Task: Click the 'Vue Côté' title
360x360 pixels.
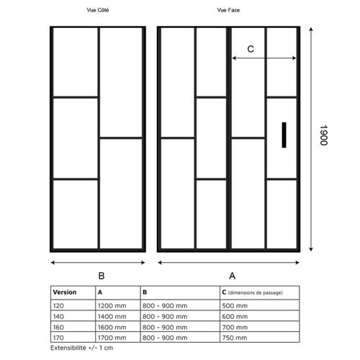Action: (98, 10)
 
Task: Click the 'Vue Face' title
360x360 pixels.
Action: (228, 10)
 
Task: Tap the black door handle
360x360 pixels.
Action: (284, 135)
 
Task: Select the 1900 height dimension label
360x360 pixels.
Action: (323, 135)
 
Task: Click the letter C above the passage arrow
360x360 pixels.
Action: (251, 49)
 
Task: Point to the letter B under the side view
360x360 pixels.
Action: (102, 276)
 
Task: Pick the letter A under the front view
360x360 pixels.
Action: (232, 276)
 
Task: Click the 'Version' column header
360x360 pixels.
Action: (65, 292)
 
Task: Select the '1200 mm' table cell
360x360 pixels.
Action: (112, 306)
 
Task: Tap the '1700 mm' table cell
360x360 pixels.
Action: (112, 338)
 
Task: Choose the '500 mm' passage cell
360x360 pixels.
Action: (235, 306)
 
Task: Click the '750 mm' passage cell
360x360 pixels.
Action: (235, 338)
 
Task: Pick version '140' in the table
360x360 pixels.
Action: (58, 317)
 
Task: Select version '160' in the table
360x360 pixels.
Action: (58, 328)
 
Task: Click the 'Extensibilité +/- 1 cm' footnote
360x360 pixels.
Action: (81, 348)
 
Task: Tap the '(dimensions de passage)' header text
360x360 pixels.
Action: (256, 293)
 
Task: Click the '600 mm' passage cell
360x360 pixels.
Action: (235, 317)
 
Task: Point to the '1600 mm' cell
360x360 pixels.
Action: (112, 328)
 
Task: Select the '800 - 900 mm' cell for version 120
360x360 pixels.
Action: (165, 306)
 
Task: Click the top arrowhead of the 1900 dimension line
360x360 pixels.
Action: (311, 29)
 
